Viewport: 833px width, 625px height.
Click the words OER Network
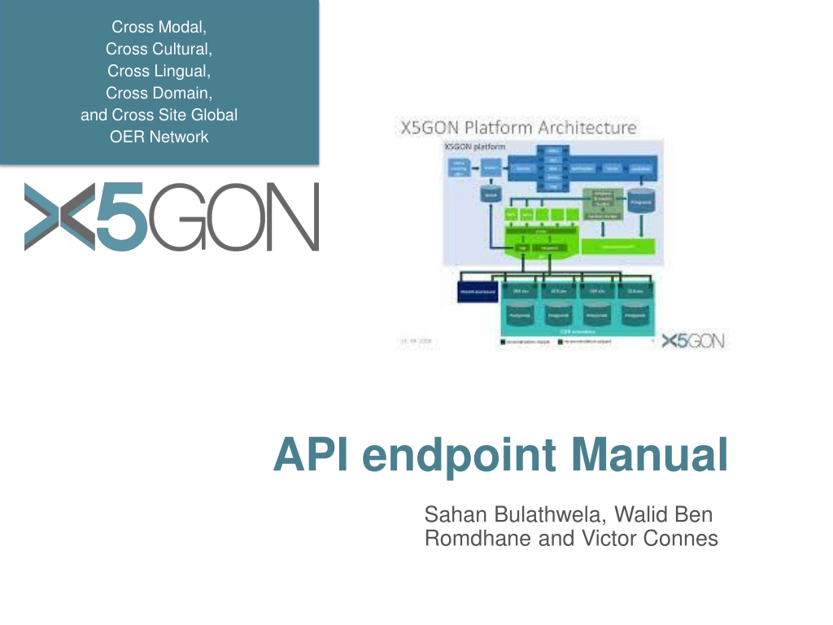pyautogui.click(x=159, y=137)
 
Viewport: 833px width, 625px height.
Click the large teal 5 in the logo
pyautogui.click(x=121, y=217)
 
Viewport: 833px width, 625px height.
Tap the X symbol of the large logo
pyautogui.click(x=59, y=217)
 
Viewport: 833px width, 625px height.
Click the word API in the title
pyautogui.click(x=310, y=455)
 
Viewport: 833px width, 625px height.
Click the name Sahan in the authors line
pyautogui.click(x=450, y=515)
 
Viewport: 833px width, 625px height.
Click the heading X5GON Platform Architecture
pyautogui.click(x=517, y=128)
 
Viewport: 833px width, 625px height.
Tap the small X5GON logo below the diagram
pyautogui.click(x=692, y=341)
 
